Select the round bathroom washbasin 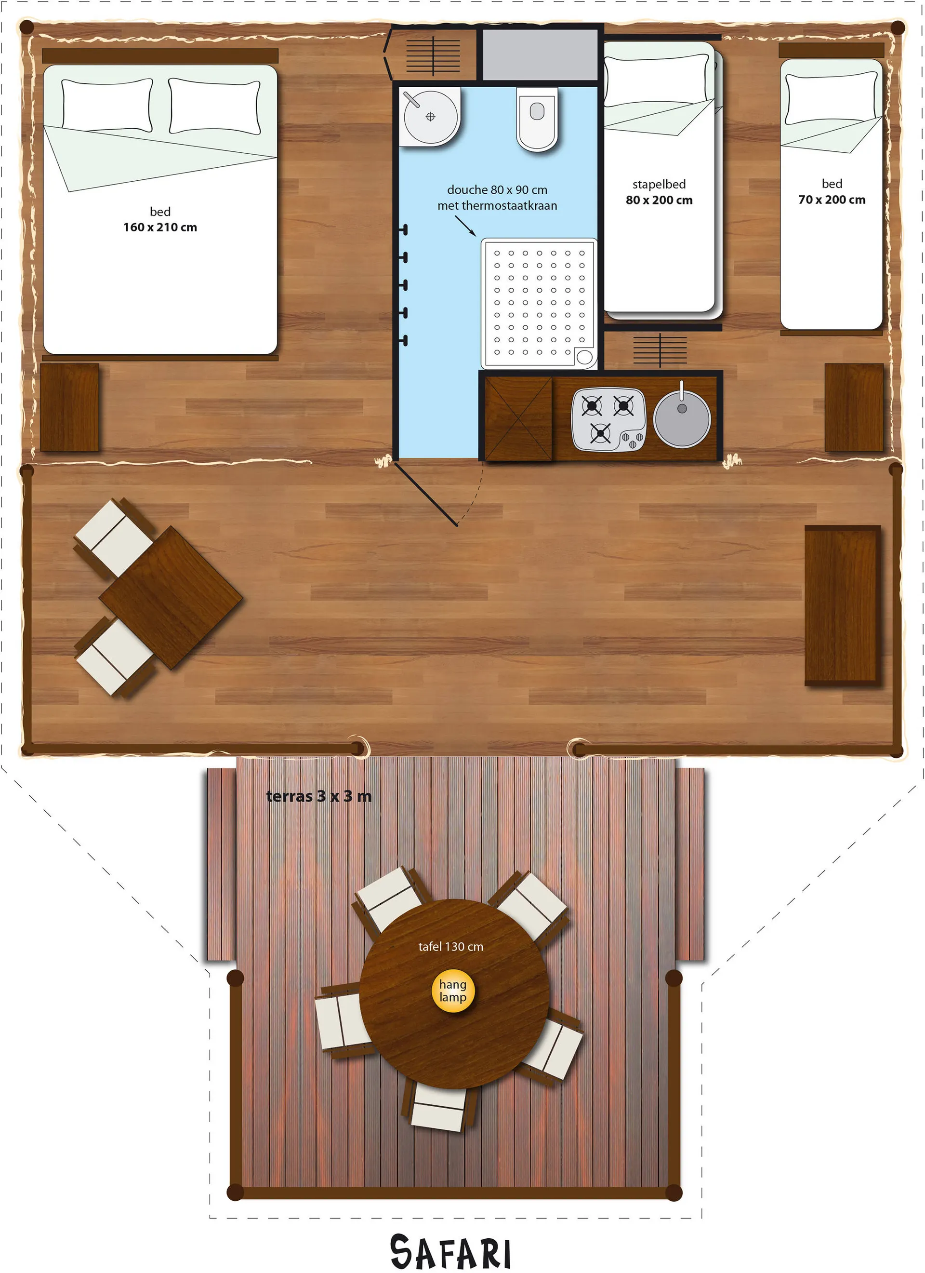point(430,117)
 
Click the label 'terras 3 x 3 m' point(318,796)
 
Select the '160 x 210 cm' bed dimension point(160,228)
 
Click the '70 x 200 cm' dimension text point(832,200)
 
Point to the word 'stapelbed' point(659,184)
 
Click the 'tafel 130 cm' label point(450,946)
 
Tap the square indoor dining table point(171,598)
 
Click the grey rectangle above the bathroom point(540,54)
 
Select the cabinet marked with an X point(518,418)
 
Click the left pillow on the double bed point(106,105)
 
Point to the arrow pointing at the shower point(465,226)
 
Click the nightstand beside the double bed point(69,407)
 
